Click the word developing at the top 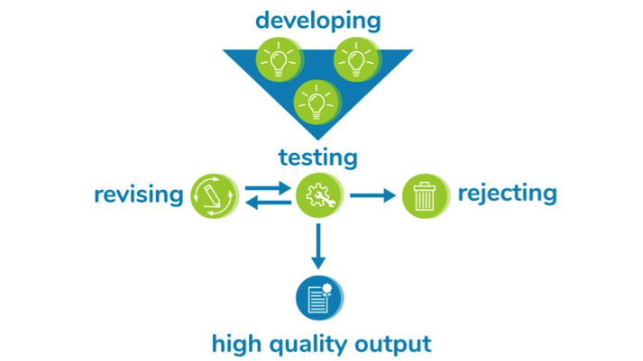point(317,22)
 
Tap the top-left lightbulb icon point(280,59)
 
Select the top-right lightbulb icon point(357,59)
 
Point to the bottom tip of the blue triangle point(317,140)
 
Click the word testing point(317,158)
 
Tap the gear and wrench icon point(319,195)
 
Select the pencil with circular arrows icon point(215,195)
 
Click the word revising point(139,194)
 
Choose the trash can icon point(426,195)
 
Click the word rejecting point(507,194)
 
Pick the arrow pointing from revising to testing point(268,189)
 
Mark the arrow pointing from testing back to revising point(268,203)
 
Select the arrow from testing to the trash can point(372,195)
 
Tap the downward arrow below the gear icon point(318,247)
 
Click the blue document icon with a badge point(319,298)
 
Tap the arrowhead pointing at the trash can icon point(390,195)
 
